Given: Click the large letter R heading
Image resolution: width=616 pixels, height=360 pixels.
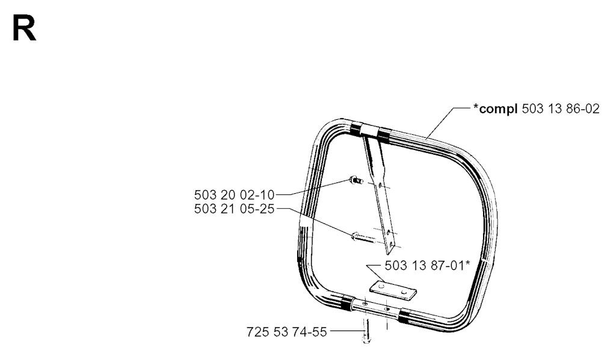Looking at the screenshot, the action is (24, 28).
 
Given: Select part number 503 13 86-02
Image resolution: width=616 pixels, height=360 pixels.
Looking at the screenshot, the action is (561, 109).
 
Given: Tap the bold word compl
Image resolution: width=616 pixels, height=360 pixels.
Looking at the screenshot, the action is (498, 110).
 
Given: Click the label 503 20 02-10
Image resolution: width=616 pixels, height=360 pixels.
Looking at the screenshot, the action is (234, 194).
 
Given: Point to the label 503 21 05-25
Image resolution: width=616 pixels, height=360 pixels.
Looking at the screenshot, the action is (234, 209).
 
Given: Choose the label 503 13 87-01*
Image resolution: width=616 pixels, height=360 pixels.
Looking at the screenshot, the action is (428, 265).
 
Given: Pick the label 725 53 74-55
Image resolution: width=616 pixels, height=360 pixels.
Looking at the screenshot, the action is (287, 332).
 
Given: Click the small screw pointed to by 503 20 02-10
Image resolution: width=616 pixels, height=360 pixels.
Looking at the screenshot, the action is (356, 181).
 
